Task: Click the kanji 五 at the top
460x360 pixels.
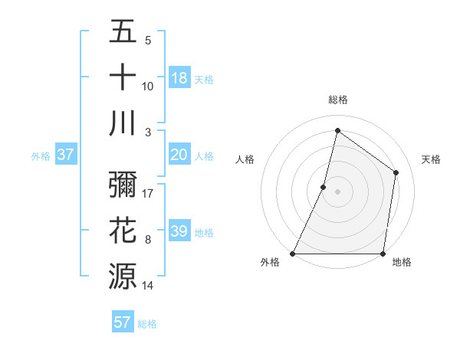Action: (123, 32)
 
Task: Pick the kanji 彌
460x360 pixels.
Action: (123, 185)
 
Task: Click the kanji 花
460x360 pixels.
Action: (123, 231)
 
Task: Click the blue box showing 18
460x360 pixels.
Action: (179, 77)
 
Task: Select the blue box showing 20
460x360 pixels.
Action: (179, 155)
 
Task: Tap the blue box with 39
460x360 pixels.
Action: (179, 231)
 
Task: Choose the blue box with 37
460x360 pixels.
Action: (66, 155)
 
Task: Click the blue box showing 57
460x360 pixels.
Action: (123, 322)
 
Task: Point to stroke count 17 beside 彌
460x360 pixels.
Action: (148, 193)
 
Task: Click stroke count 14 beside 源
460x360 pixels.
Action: (148, 285)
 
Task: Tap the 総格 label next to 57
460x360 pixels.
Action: (147, 324)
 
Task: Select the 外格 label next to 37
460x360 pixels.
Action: (41, 156)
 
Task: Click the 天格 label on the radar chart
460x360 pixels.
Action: (431, 159)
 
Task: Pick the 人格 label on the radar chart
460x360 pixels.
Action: (245, 159)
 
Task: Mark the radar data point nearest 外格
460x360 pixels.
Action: (293, 254)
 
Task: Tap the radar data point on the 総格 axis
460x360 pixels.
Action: (337, 130)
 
